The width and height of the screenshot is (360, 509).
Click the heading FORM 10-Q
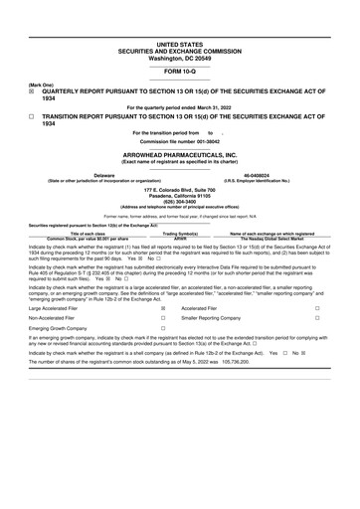tap(180, 73)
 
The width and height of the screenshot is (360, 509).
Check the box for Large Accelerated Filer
tap(163, 309)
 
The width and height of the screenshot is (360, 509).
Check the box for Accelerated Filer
tap(316, 309)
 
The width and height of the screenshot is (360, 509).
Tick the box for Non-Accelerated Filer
tap(163, 322)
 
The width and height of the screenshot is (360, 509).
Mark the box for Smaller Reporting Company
tap(316, 322)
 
